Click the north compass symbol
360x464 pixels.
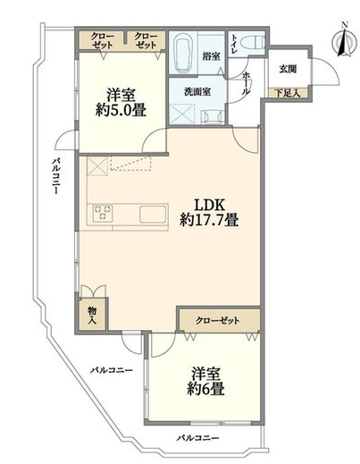click(345, 40)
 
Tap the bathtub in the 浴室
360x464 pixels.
click(182, 53)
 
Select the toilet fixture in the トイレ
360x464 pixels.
click(255, 42)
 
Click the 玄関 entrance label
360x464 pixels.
click(288, 69)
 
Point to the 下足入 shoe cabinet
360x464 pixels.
click(288, 93)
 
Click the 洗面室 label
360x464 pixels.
click(197, 92)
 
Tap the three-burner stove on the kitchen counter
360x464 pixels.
click(103, 213)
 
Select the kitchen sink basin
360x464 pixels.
click(153, 214)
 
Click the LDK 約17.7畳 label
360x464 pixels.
click(209, 213)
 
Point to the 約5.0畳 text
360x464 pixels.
click(121, 111)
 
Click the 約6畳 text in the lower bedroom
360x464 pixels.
click(205, 389)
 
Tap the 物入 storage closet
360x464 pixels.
click(92, 314)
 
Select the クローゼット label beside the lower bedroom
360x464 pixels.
click(217, 321)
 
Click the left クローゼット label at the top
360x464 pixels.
click(102, 40)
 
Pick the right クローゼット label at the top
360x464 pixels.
click(146, 40)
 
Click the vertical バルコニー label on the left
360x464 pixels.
click(56, 176)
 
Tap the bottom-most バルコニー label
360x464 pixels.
click(198, 438)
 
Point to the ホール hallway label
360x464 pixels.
click(246, 84)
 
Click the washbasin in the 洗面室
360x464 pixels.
click(212, 117)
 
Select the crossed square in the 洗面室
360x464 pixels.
click(181, 114)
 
